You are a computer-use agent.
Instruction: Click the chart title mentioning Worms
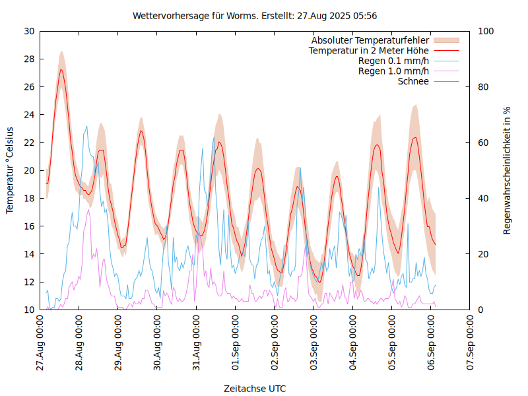tap(255, 15)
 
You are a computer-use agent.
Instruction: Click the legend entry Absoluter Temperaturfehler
tap(370, 40)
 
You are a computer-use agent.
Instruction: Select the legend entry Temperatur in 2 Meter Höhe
tap(369, 50)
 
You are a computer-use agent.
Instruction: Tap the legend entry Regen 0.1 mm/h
tap(393, 61)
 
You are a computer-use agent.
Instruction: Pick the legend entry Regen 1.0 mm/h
tap(393, 71)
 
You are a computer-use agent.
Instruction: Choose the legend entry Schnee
tap(413, 81)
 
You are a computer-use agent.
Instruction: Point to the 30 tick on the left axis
tap(29, 31)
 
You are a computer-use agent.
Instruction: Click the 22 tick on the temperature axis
tap(29, 143)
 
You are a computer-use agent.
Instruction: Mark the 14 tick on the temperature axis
tap(29, 254)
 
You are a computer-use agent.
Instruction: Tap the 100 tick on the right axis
tap(486, 31)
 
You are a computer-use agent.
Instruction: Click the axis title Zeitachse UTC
tap(255, 388)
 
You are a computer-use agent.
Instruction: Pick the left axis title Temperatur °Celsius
tap(10, 170)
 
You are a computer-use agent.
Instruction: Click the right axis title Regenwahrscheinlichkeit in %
tap(508, 170)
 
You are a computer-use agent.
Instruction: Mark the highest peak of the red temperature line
tap(61, 69)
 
